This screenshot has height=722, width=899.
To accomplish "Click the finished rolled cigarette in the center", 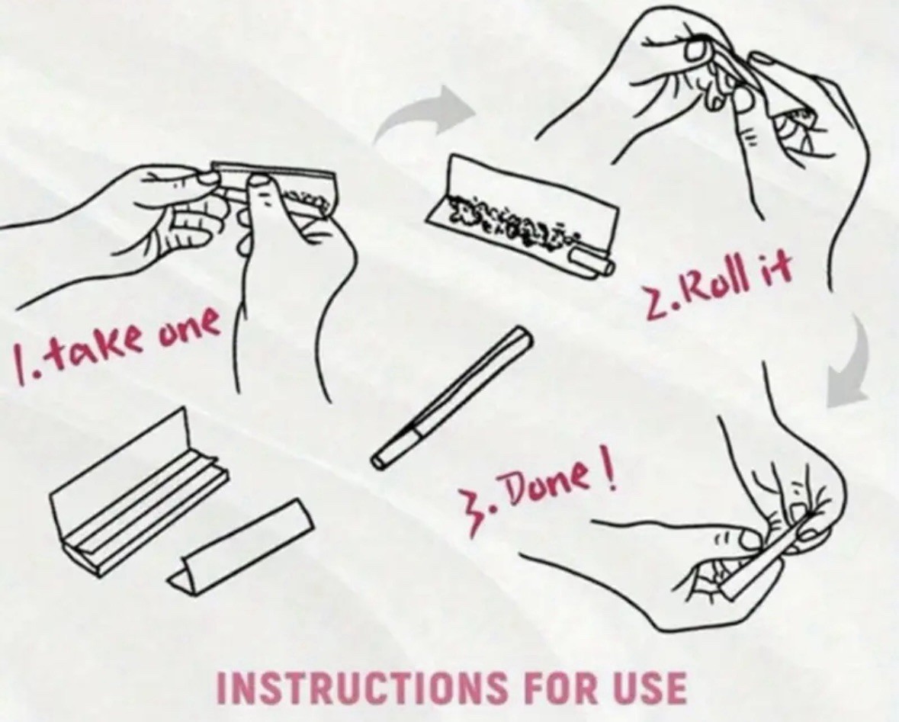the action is (x=452, y=396).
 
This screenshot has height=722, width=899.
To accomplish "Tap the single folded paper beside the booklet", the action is (x=241, y=547).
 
